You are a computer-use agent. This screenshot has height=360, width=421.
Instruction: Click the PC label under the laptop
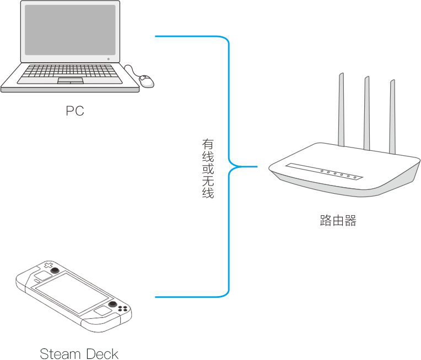click(x=75, y=111)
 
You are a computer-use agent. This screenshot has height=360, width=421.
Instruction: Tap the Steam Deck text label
click(x=79, y=353)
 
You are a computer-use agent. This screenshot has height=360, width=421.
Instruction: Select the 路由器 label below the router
click(x=338, y=221)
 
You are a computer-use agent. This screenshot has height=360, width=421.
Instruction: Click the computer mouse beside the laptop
click(x=147, y=81)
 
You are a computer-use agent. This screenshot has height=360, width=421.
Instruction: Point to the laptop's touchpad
click(x=71, y=80)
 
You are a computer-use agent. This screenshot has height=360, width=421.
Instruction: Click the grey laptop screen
click(x=70, y=30)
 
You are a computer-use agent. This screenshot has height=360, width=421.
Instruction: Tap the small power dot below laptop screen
click(x=109, y=59)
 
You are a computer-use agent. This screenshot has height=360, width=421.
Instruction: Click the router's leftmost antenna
click(x=341, y=110)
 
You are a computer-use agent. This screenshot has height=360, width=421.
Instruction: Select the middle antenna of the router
click(x=367, y=113)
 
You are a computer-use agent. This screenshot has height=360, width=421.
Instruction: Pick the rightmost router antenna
click(x=392, y=117)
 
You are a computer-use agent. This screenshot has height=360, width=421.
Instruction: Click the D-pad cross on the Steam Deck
click(x=48, y=265)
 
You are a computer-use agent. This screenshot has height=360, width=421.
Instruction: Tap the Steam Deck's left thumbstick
click(x=55, y=270)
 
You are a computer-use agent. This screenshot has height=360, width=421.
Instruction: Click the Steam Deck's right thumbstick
click(x=112, y=304)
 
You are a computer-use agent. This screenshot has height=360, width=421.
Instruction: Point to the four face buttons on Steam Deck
click(x=123, y=308)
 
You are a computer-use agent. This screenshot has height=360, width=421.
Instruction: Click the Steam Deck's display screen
click(x=72, y=293)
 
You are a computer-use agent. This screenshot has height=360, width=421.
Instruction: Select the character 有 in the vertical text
click(x=208, y=144)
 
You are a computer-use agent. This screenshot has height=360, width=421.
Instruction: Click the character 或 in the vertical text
click(x=208, y=169)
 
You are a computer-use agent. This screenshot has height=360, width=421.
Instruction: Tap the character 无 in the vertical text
click(x=208, y=181)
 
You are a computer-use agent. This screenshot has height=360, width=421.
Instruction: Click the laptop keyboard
click(x=70, y=71)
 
